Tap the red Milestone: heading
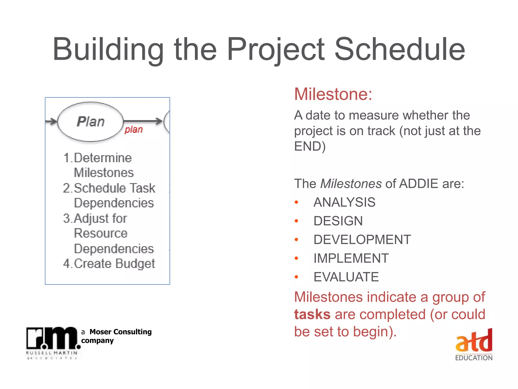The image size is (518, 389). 333,94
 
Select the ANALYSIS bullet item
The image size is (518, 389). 344,202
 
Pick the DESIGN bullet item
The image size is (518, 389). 338,221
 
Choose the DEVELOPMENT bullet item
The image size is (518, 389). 362,240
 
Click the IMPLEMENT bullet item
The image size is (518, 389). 351,258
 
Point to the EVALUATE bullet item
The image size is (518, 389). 346,277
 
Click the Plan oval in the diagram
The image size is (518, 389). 91,122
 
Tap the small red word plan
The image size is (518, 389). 134,130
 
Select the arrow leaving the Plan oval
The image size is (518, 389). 143,121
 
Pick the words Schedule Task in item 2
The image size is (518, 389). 114,188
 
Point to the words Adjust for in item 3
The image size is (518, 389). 100,218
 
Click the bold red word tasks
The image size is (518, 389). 312,315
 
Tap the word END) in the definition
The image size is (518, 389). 310,146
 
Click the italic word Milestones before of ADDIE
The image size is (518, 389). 351,184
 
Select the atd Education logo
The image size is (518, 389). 474,344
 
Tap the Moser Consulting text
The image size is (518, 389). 120,332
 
